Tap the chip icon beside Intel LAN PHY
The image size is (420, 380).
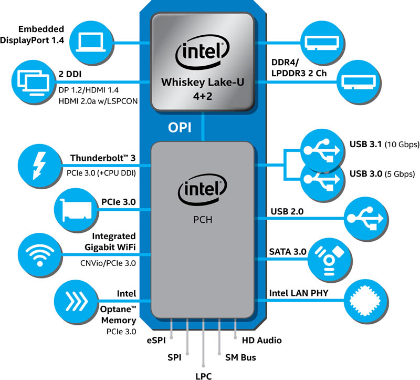pyautogui.click(x=365, y=301)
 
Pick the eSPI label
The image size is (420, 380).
pyautogui.click(x=159, y=340)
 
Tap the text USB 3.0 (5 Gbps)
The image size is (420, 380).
pyautogui.click(x=382, y=174)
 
